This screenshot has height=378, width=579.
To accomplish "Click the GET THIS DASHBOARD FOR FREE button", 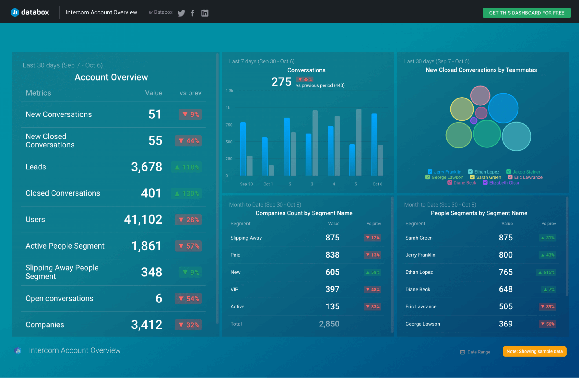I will [x=526, y=13].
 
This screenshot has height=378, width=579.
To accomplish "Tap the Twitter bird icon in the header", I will [x=181, y=13].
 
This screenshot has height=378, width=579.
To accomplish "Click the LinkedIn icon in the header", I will [x=204, y=13].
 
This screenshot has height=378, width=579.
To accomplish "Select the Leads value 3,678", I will [x=147, y=167].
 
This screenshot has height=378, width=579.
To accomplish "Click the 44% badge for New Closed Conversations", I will [x=188, y=141].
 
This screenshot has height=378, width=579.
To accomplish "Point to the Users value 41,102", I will [x=143, y=219].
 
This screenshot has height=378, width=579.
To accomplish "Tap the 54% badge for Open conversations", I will [x=188, y=299].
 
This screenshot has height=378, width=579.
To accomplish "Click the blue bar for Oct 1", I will [x=264, y=156].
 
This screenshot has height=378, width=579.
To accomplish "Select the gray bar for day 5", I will [x=359, y=142].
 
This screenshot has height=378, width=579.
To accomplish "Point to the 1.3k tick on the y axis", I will [x=229, y=91].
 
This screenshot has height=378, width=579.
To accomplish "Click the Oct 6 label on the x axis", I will [x=377, y=184].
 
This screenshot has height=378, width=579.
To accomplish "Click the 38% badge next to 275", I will [x=305, y=79].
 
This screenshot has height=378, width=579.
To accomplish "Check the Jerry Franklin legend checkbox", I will [x=430, y=172].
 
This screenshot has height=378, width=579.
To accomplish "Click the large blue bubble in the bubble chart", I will [x=503, y=108].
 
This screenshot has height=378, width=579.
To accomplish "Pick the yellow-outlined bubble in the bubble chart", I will [x=462, y=109].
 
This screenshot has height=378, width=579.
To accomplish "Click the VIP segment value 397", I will [x=332, y=289].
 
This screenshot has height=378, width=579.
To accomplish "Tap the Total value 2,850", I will [x=329, y=324].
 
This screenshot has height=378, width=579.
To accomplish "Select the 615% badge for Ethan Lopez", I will [x=546, y=272].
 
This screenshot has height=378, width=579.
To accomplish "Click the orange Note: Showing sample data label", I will [x=534, y=351].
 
